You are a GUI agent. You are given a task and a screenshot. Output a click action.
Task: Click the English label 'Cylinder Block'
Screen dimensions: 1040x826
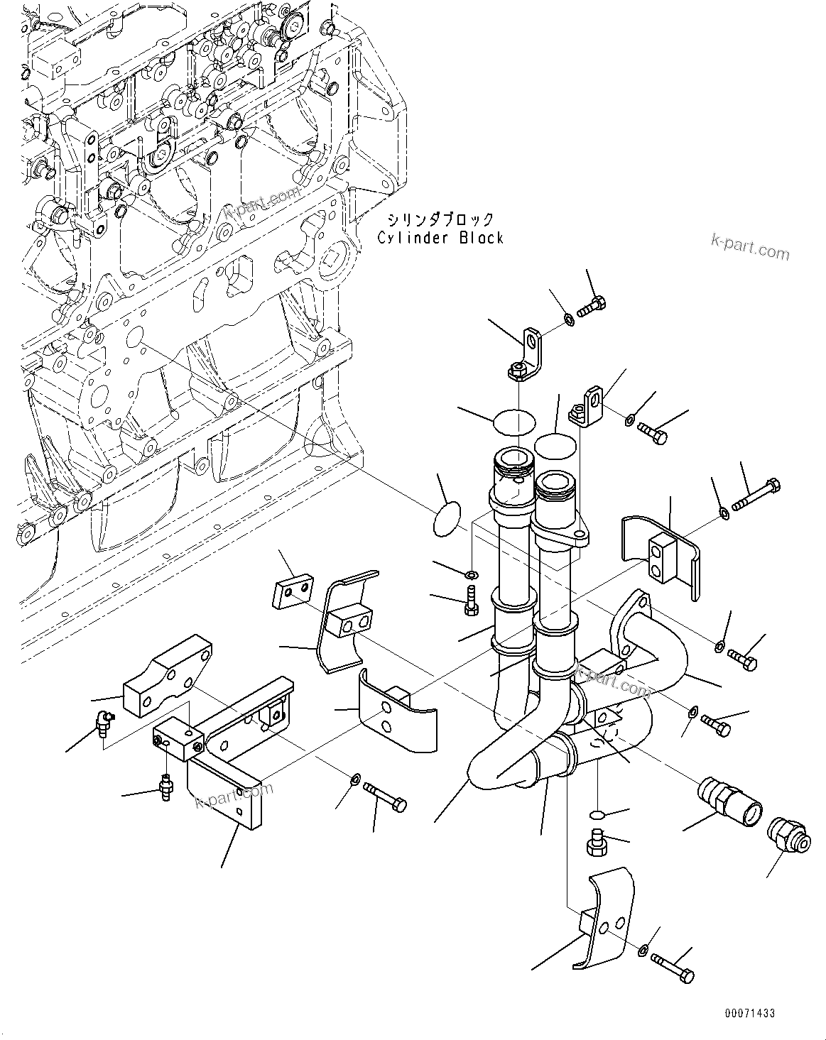point(440,239)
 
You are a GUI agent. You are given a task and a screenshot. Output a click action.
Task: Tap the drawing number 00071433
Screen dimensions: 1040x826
point(750,1012)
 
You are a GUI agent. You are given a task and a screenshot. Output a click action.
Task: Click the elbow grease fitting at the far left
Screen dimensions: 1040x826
point(104,724)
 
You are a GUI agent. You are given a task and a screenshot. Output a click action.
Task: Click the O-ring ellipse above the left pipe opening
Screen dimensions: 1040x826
point(513,420)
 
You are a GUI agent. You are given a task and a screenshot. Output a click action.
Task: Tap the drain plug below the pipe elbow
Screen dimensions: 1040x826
point(596,842)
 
